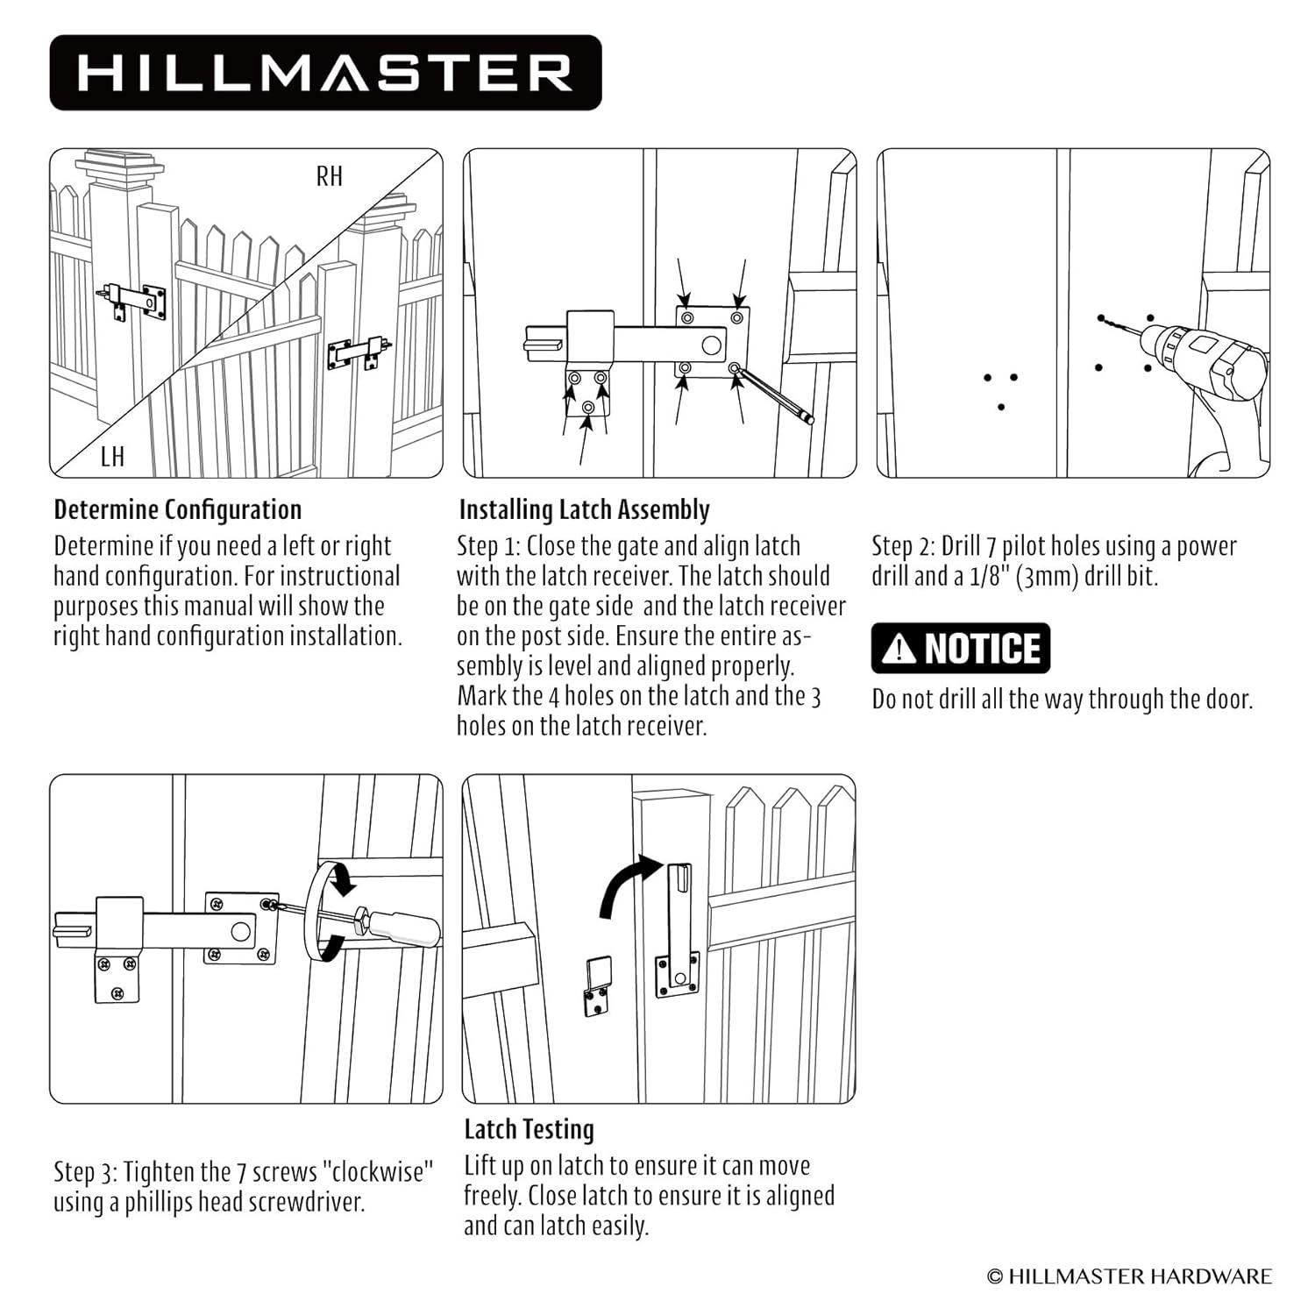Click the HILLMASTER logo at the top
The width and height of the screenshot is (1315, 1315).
(325, 73)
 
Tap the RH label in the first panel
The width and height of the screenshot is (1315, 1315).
(330, 176)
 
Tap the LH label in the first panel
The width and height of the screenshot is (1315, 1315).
(113, 456)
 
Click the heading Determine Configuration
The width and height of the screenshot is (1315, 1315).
(178, 509)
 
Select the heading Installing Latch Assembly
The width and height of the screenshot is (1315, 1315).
(585, 509)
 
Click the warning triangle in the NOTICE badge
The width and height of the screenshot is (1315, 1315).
(899, 649)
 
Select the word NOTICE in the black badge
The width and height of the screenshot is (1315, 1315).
(983, 649)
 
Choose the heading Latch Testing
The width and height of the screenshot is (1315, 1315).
(530, 1129)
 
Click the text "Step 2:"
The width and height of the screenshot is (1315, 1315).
(904, 547)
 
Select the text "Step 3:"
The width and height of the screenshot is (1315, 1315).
(86, 1173)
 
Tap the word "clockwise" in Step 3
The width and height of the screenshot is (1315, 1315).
(383, 1171)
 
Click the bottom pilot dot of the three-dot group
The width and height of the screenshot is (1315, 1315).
(1001, 407)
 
